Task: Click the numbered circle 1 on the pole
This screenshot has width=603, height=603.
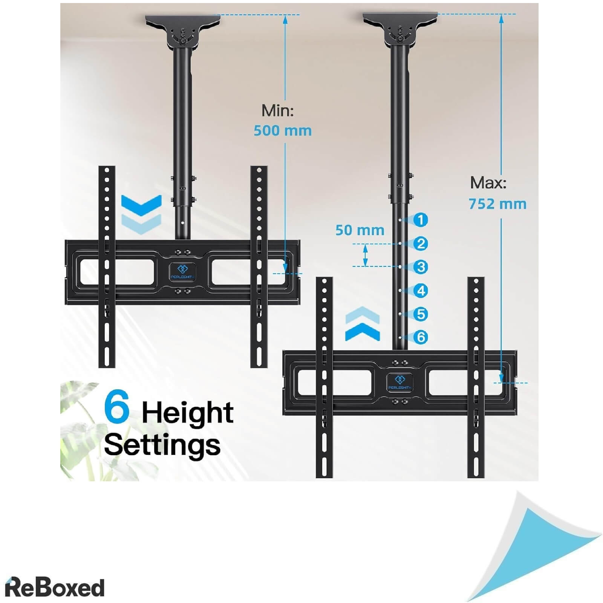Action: tap(421, 220)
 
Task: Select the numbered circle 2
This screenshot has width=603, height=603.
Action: tap(421, 243)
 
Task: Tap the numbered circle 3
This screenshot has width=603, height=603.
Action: tap(421, 267)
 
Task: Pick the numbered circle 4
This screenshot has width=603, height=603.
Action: tap(421, 291)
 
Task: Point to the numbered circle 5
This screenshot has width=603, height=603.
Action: tap(421, 314)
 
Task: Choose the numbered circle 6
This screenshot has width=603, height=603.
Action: tap(421, 337)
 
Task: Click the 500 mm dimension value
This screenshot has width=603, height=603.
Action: tap(283, 131)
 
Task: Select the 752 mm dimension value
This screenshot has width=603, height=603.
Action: tap(497, 204)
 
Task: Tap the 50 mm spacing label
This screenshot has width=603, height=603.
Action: tap(360, 230)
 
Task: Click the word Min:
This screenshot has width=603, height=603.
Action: tap(278, 110)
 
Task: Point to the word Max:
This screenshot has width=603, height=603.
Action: tap(488, 183)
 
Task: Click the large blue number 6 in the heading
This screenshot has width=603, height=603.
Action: tap(117, 407)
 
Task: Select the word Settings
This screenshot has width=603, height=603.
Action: tap(162, 445)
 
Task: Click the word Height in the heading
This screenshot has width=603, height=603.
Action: tap(188, 413)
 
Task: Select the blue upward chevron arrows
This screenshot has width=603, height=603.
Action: tap(363, 324)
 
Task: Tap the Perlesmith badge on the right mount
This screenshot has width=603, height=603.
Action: tap(399, 382)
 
